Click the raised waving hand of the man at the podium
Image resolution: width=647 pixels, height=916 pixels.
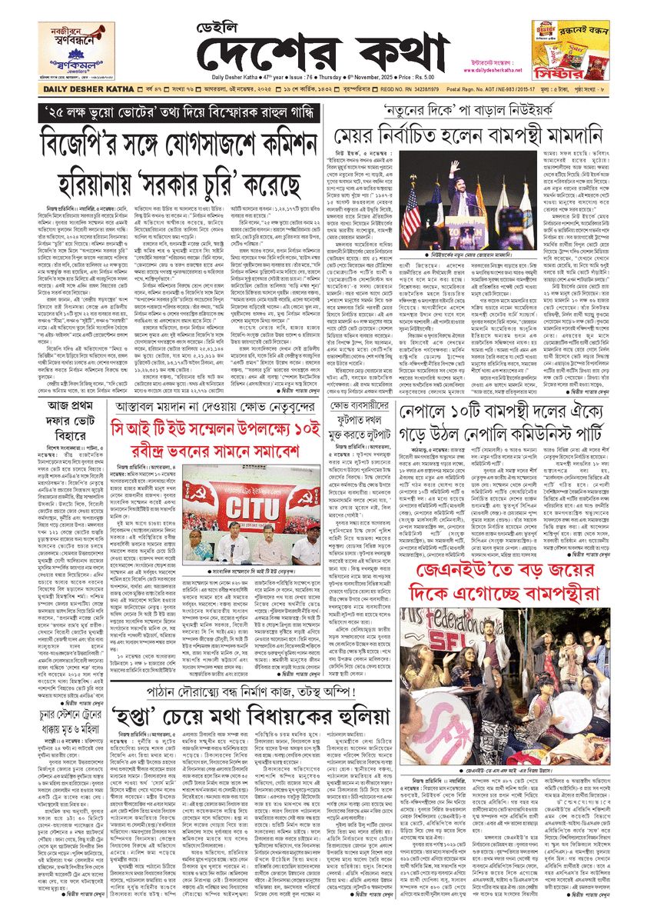(x=454, y=168)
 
